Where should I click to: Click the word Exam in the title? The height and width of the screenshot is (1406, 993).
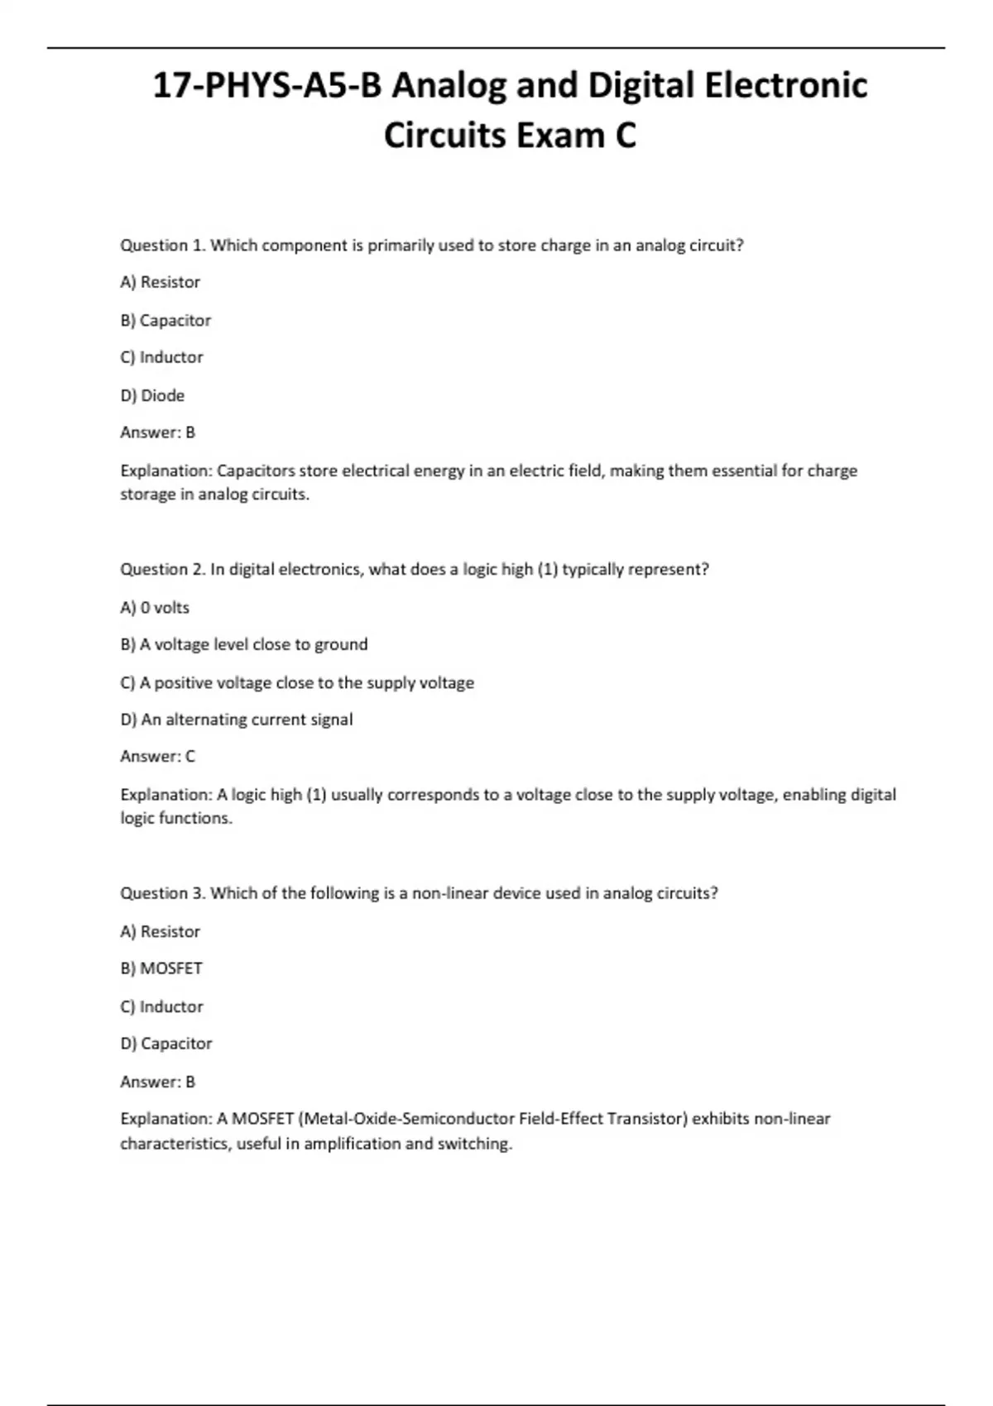[560, 136]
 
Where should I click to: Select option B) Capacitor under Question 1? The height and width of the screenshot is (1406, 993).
[165, 320]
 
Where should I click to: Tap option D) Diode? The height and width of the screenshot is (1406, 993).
[152, 395]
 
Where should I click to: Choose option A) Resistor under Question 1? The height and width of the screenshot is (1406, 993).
[160, 282]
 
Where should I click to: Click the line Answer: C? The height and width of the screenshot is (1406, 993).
[157, 756]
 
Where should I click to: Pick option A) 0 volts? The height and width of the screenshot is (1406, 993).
[155, 607]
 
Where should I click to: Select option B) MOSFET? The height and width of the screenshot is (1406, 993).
[161, 968]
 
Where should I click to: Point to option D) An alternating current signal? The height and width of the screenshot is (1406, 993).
[237, 720]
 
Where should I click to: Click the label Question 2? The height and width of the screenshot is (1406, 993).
[162, 569]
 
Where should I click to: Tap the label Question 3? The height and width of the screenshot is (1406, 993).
[162, 893]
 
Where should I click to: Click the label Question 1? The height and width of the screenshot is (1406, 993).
[162, 245]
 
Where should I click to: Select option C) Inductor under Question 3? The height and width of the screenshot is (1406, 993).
[161, 1007]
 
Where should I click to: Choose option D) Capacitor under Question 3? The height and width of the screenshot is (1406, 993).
[166, 1044]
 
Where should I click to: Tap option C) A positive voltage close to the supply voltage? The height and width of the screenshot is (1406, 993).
[297, 682]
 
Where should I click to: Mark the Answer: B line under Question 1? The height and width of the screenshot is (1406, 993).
[157, 433]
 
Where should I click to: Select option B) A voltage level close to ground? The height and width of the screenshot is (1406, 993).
[244, 644]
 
